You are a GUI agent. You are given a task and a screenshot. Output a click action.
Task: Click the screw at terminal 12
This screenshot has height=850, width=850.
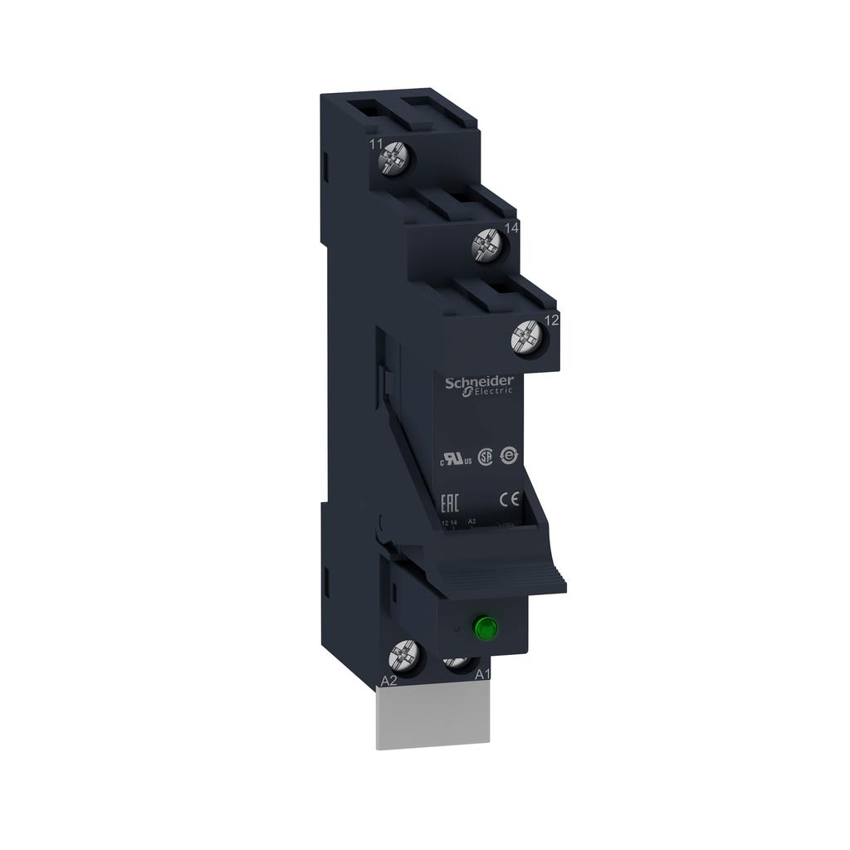(x=525, y=335)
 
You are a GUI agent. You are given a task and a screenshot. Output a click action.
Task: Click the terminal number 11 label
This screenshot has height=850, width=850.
(x=376, y=144)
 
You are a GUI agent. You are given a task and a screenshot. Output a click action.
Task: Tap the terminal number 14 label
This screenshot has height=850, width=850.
(x=512, y=227)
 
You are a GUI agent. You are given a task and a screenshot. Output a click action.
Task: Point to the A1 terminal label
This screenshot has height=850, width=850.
(x=483, y=676)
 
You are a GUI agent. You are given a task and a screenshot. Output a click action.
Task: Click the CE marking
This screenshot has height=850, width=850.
(x=509, y=499)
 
